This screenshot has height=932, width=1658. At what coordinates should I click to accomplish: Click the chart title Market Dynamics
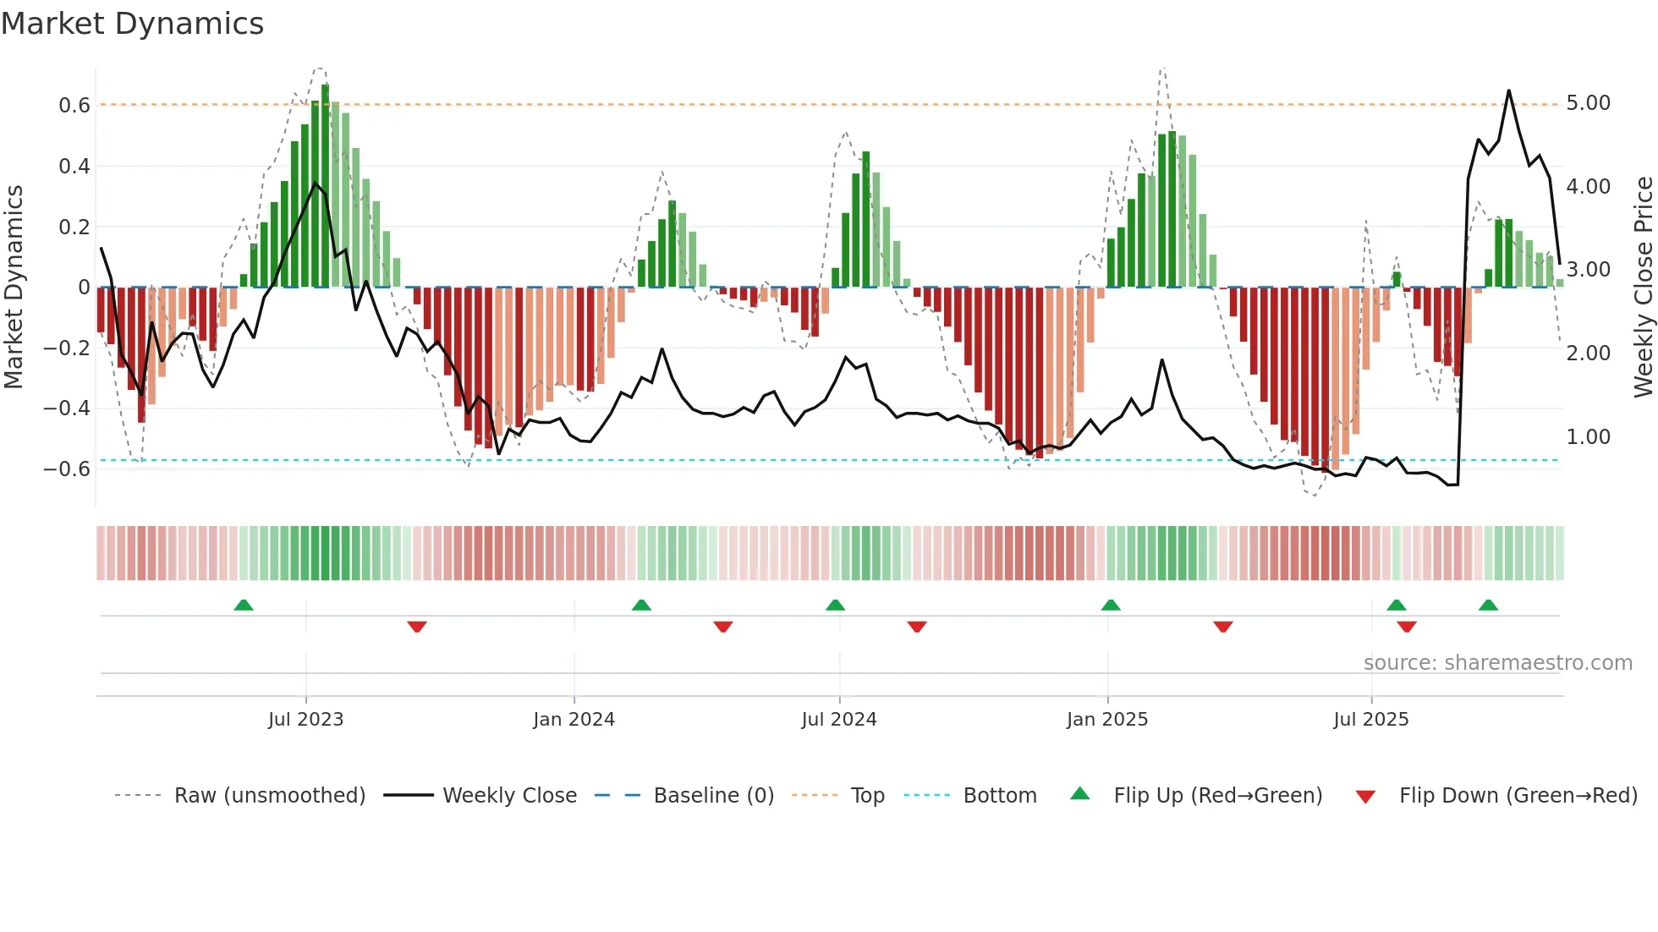coord(133,24)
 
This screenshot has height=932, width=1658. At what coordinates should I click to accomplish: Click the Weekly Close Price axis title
coord(1643,287)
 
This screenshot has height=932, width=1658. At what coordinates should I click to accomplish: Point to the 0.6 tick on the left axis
coord(74,106)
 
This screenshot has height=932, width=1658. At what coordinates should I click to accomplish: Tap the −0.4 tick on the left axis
coord(68,408)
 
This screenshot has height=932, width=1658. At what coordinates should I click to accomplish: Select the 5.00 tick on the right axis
coord(1588,103)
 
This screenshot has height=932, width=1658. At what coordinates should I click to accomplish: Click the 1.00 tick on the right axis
coord(1588,437)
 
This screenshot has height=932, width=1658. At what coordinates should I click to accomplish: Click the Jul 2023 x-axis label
coord(305,720)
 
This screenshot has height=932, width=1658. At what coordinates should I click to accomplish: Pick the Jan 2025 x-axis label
coord(1106,720)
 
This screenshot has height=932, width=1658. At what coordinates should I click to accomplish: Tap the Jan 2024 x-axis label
coord(574,720)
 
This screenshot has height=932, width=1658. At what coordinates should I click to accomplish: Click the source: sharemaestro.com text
coord(1497,663)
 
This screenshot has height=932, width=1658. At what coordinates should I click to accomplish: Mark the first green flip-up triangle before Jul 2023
coord(244,606)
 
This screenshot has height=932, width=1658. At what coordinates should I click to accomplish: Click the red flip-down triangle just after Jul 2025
coord(1407,627)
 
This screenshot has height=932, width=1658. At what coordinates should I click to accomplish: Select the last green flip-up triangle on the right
coord(1488,606)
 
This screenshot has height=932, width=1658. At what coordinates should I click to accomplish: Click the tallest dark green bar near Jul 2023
coord(326,186)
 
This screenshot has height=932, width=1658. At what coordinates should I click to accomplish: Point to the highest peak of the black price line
coord(1508,91)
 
